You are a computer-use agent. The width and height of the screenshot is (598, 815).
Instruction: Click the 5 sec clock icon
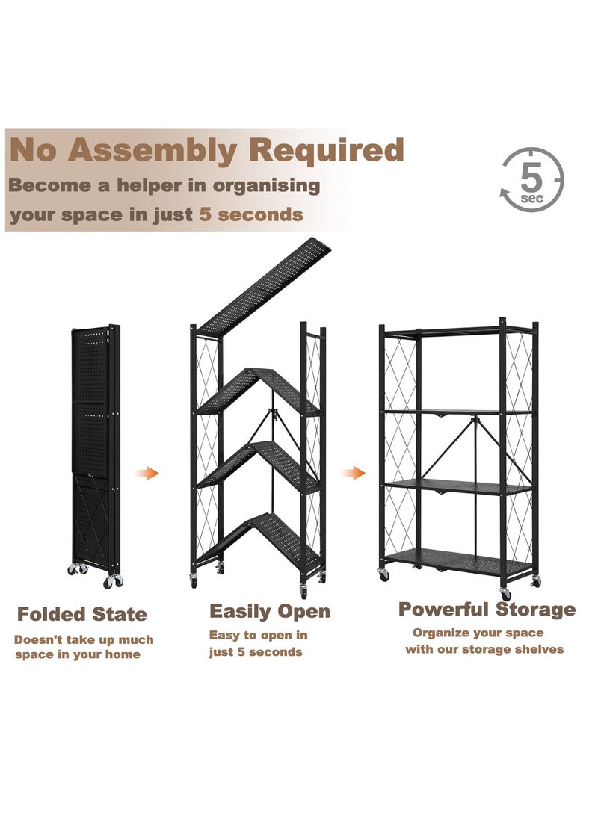(x=531, y=180)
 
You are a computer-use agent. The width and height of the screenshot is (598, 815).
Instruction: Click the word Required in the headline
(x=326, y=149)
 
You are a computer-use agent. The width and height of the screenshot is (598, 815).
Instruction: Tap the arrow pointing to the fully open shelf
(x=354, y=473)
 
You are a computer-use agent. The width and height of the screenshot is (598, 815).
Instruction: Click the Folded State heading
(x=82, y=615)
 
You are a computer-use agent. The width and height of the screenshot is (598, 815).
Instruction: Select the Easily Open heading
(x=269, y=611)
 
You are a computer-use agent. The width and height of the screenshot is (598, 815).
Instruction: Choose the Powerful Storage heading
(x=487, y=609)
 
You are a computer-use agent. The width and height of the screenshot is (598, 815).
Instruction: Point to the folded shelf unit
(x=95, y=448)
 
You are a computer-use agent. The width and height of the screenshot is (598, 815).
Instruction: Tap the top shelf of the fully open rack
(x=457, y=329)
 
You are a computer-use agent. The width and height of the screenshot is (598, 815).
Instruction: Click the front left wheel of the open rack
(x=384, y=575)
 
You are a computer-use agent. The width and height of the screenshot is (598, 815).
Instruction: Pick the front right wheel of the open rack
(x=505, y=594)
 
